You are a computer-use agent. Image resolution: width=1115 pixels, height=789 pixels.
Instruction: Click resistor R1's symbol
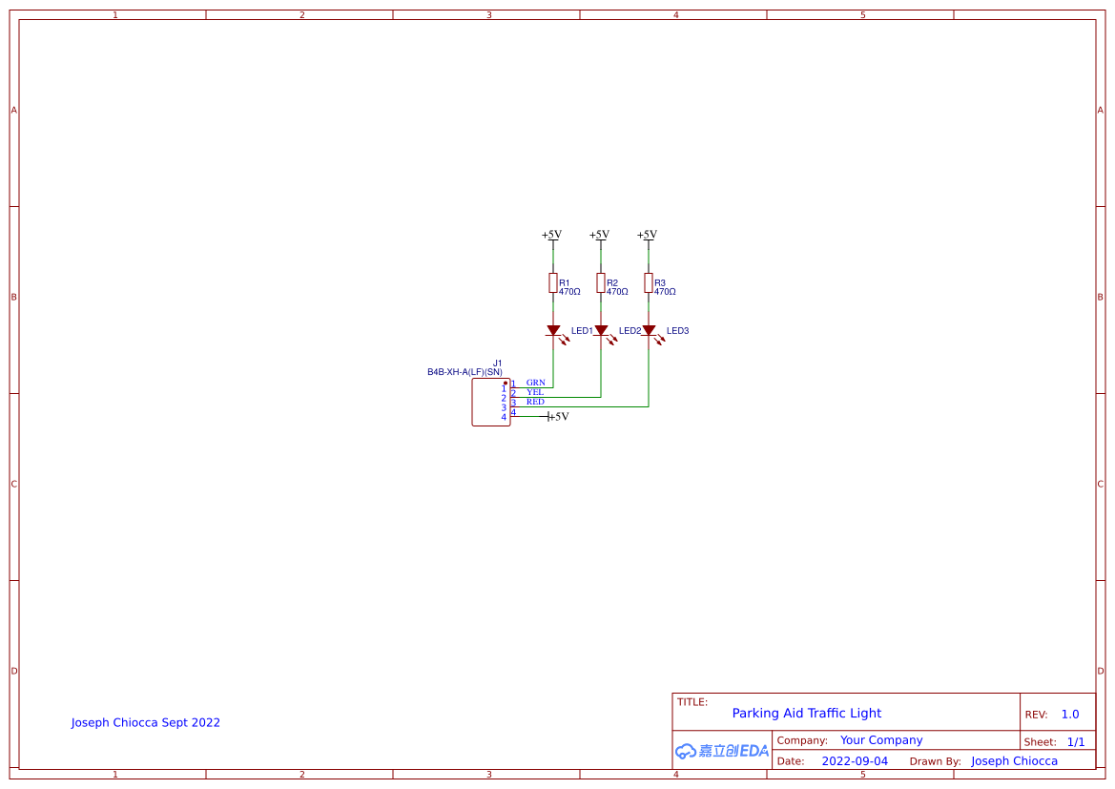(552, 282)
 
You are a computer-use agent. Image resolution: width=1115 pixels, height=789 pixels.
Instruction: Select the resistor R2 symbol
(600, 282)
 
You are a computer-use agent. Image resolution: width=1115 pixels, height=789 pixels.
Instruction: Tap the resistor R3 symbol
(648, 282)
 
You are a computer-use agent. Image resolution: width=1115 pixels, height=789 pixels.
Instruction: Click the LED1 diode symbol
(553, 331)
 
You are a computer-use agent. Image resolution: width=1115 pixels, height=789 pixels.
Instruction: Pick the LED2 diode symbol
(601, 331)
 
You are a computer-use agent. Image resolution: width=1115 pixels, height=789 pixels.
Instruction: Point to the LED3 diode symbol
(649, 331)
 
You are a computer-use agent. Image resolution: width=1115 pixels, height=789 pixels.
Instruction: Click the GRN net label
(535, 383)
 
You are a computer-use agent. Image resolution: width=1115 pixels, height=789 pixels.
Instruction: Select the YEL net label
(535, 392)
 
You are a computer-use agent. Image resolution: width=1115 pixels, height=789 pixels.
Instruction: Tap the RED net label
(535, 402)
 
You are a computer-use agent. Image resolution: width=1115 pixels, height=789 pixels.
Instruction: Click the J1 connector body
(490, 403)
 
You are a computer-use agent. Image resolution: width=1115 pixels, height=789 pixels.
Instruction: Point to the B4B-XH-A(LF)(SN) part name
(465, 372)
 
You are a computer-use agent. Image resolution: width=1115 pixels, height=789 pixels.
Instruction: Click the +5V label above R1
(551, 235)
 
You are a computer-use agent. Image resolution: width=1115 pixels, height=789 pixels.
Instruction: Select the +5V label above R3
(647, 235)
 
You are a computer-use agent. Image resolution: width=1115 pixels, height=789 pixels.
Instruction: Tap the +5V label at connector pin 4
(559, 417)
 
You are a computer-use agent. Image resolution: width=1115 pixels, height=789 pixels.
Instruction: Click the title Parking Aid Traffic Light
(806, 713)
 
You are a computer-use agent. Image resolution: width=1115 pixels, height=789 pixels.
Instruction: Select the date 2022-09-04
(854, 761)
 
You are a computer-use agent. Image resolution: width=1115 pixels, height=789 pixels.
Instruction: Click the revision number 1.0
(1070, 715)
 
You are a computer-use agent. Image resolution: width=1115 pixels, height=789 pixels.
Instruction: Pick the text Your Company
(881, 740)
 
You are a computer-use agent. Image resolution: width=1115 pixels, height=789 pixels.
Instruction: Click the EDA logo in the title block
(722, 751)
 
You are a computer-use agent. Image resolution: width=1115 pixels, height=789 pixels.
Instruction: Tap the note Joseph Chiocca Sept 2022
(145, 722)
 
